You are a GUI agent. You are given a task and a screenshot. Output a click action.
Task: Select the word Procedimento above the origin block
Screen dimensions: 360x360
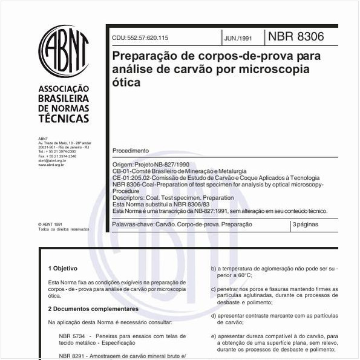130,151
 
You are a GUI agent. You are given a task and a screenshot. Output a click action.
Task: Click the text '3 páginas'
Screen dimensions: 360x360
306,224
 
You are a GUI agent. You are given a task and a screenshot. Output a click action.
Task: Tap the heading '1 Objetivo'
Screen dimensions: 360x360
63,268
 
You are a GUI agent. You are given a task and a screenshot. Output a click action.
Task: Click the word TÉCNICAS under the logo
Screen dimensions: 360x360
64,119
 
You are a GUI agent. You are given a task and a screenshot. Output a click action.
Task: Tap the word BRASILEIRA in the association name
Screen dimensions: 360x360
64,99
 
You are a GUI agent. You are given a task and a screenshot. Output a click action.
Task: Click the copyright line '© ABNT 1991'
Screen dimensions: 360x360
50,224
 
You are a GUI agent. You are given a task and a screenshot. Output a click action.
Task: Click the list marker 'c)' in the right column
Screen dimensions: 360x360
213,289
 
